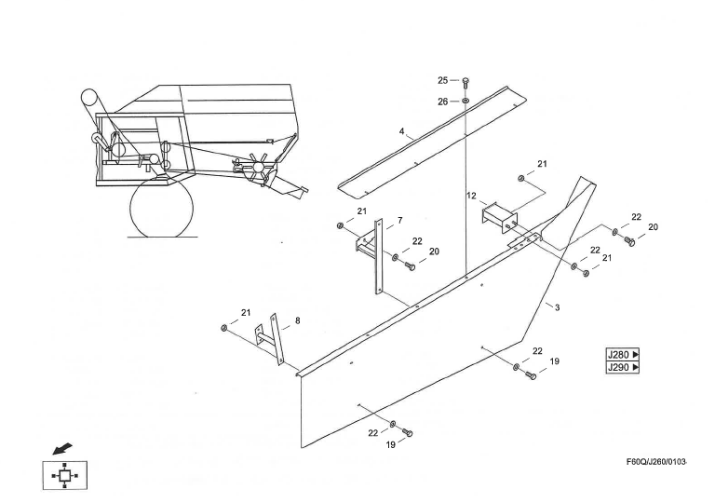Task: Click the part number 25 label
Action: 443,81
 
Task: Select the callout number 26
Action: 443,102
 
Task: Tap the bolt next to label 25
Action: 465,82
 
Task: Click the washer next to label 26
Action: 465,102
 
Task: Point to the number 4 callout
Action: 402,132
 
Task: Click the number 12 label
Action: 472,196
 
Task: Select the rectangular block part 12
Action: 498,218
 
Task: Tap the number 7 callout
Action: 399,221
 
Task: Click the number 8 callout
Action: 297,321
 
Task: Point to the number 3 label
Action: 557,306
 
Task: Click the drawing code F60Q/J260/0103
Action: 656,462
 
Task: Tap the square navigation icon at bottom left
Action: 63,475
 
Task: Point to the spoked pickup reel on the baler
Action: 252,168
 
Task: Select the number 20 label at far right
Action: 653,227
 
